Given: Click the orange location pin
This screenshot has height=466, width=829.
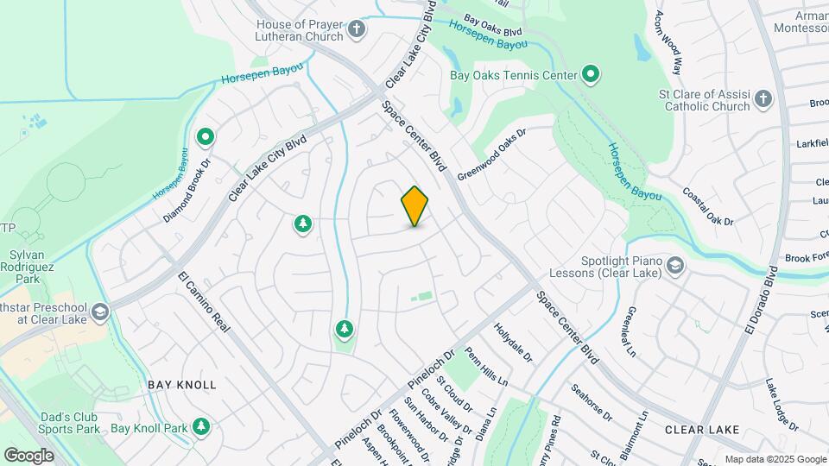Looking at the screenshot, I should (x=415, y=205).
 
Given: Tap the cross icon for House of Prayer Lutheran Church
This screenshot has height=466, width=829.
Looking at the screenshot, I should (x=357, y=32).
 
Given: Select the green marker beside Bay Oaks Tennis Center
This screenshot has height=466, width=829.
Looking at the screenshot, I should (x=591, y=75).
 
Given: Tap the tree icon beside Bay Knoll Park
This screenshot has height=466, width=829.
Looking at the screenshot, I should (x=201, y=426).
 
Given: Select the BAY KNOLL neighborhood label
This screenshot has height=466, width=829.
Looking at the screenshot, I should (x=181, y=384).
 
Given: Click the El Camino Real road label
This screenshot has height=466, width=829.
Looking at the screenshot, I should (x=206, y=307).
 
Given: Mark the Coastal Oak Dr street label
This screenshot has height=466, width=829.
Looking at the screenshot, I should (x=708, y=207).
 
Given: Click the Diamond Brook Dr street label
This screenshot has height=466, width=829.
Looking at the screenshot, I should (x=189, y=191).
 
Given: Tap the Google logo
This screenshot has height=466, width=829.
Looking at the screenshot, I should (x=28, y=455).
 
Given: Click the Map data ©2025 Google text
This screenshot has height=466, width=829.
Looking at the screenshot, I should (x=775, y=459).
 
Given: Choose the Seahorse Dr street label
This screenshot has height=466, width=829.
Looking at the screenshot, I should (x=592, y=401).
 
